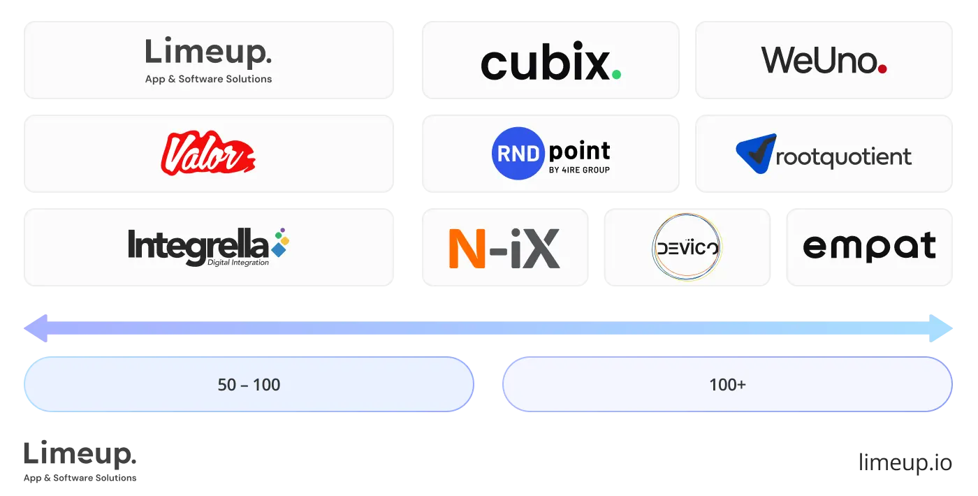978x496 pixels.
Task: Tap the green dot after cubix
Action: [615, 73]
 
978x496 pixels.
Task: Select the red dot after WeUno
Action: [882, 68]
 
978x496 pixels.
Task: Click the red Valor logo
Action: [207, 154]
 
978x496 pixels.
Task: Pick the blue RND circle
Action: [517, 154]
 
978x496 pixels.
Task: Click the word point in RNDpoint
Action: [579, 151]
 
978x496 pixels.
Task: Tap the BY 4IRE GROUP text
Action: [579, 170]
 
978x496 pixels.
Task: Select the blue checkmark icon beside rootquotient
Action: [757, 153]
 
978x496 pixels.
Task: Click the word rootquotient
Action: [844, 156]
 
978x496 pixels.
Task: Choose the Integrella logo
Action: [199, 247]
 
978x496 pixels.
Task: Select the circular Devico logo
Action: [686, 247]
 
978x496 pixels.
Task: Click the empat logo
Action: [869, 247]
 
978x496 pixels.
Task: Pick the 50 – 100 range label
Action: [249, 384]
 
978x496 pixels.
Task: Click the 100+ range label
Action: [727, 384]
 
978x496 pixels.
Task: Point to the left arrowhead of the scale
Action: [35, 328]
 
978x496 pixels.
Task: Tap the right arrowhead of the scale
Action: [942, 328]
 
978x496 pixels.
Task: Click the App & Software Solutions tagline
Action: [208, 79]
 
